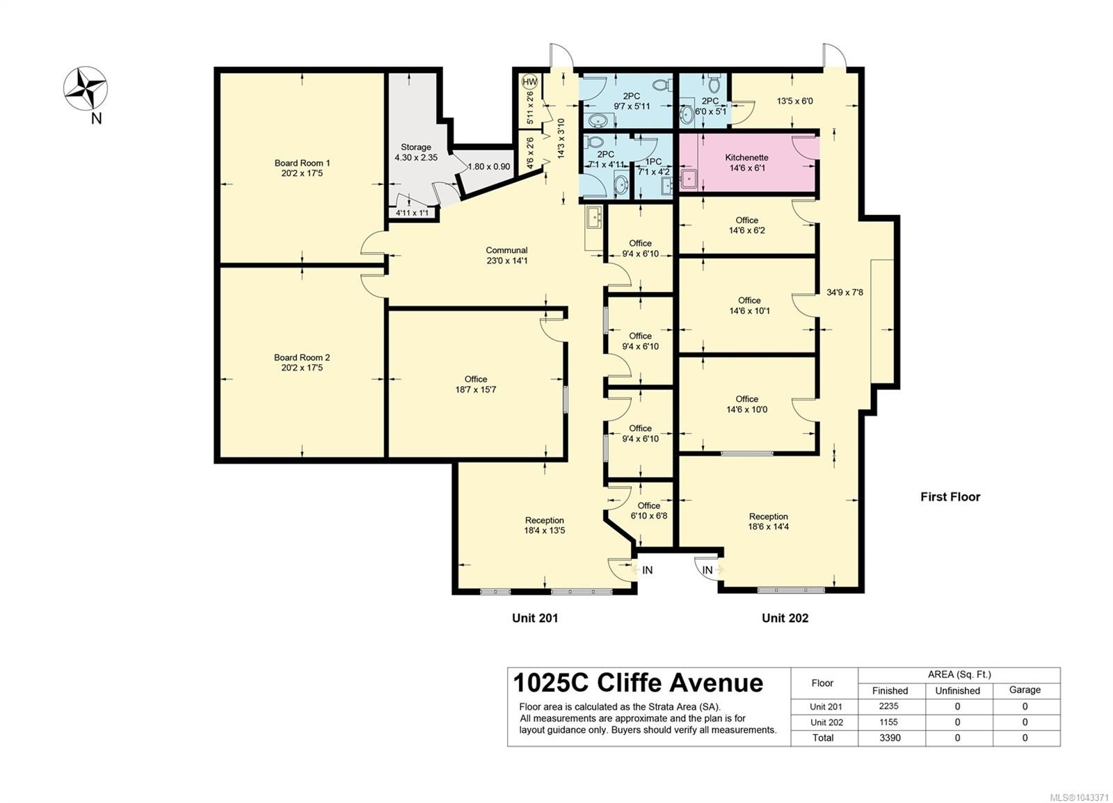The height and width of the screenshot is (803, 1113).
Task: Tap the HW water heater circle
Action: (530, 81)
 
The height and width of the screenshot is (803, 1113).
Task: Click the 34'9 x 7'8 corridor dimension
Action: (844, 293)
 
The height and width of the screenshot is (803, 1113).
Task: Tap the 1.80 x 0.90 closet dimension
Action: (489, 167)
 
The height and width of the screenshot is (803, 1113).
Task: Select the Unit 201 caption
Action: (535, 618)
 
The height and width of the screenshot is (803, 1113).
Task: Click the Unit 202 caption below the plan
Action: (785, 618)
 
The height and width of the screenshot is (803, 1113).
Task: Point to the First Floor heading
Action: (950, 497)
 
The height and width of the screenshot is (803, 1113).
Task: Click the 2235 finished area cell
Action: (890, 706)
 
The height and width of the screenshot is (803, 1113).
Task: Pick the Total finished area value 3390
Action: (890, 738)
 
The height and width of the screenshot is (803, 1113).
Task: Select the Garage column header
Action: (1025, 690)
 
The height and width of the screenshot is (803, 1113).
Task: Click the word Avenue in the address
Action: (716, 683)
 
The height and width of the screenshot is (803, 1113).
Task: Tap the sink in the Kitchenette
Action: (689, 179)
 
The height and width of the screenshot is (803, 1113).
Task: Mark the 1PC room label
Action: (653, 162)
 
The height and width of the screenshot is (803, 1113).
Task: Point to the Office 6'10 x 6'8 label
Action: (649, 510)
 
